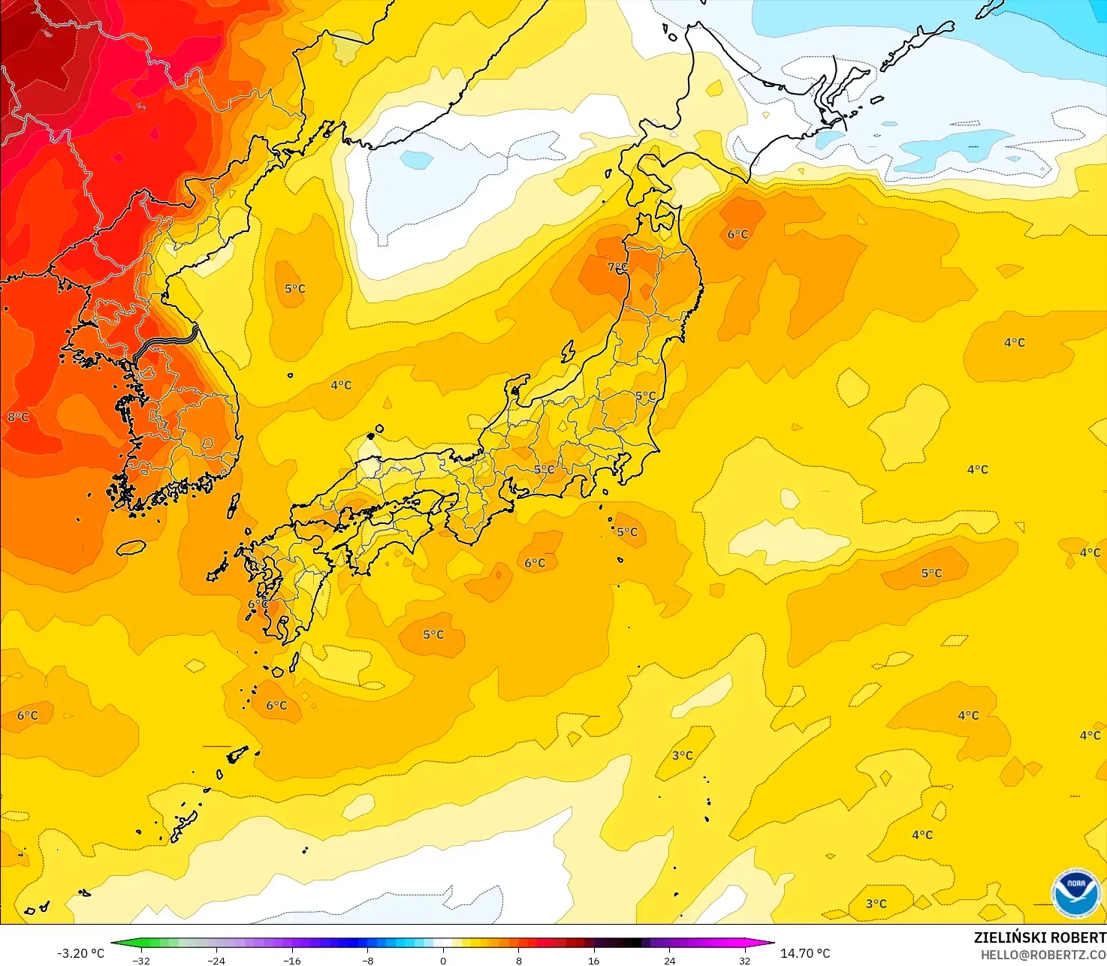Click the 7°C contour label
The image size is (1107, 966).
(x=617, y=267)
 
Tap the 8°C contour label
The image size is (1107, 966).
(x=18, y=417)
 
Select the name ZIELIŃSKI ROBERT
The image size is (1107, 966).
(x=1039, y=937)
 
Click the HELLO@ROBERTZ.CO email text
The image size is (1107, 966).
(x=1043, y=955)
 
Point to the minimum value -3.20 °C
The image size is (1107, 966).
(x=80, y=953)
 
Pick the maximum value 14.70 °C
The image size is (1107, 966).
(x=805, y=953)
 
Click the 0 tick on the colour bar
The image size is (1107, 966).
(x=443, y=961)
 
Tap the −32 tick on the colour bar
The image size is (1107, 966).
(x=141, y=961)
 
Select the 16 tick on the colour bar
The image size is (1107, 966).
(x=594, y=961)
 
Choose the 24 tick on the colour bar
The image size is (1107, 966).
(x=669, y=961)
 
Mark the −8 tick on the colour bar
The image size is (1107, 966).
(x=367, y=961)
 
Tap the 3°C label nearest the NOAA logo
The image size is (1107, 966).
(x=876, y=904)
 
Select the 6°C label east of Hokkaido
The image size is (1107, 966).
(x=737, y=234)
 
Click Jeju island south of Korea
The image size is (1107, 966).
(x=131, y=547)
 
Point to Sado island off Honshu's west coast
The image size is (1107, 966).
(x=567, y=351)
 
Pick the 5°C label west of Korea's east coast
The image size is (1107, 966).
(x=294, y=288)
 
